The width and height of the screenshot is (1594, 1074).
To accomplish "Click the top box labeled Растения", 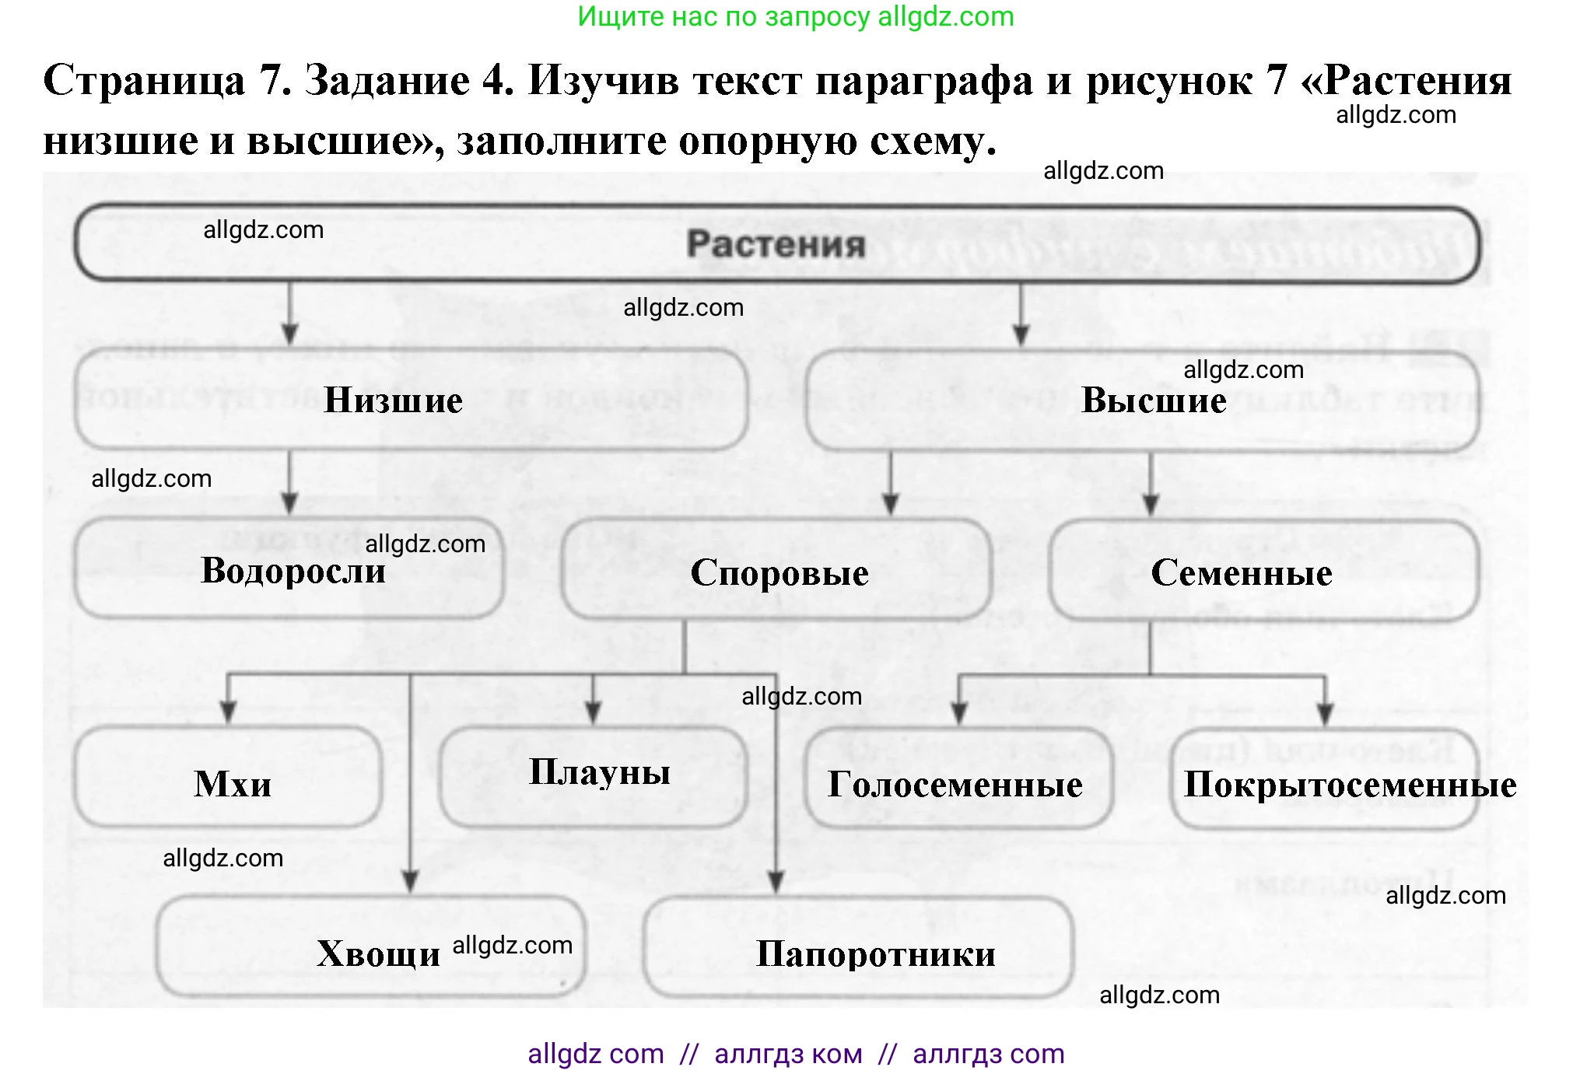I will pyautogui.click(x=776, y=244).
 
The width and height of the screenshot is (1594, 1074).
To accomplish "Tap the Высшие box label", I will pyautogui.click(x=1154, y=400).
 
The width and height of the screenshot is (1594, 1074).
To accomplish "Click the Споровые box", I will pyautogui.click(x=778, y=572).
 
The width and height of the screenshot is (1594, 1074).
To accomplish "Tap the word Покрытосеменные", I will pyautogui.click(x=1350, y=784).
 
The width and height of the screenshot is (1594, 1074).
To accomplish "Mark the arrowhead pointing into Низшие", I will pyautogui.click(x=289, y=334).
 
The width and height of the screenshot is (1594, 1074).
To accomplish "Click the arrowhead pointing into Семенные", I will pyautogui.click(x=1151, y=505).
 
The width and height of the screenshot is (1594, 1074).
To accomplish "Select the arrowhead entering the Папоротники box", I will pyautogui.click(x=776, y=882).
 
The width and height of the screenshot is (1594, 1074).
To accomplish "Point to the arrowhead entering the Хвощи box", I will pyautogui.click(x=411, y=882).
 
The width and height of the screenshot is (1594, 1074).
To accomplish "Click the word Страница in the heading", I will pyautogui.click(x=144, y=80).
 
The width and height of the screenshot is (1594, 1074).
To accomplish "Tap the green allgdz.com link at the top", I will pyautogui.click(x=945, y=16).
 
